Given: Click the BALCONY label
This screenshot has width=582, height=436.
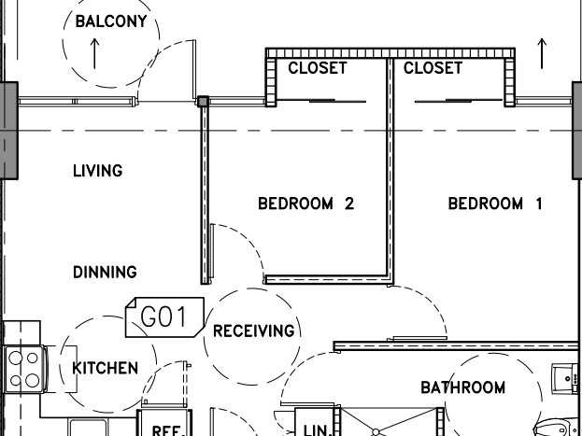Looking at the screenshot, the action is [111, 21].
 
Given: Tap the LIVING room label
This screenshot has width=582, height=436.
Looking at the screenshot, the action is [97, 171].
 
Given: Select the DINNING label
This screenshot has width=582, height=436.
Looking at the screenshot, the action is [105, 272].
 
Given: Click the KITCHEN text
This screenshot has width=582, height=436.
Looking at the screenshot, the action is [105, 368].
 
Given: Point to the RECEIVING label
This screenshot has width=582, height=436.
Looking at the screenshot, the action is [254, 331].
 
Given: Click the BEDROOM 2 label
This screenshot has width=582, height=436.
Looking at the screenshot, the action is [305, 204].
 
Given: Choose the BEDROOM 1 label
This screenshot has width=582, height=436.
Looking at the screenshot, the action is [495, 204].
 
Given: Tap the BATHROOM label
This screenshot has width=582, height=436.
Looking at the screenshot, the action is [462, 387].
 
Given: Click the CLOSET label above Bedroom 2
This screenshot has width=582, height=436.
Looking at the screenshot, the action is [318, 68].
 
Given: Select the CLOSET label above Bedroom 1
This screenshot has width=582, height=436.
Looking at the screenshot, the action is [433, 68].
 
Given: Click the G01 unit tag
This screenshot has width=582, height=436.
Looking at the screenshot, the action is [164, 317].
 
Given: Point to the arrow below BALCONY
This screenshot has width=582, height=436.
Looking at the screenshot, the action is [94, 53].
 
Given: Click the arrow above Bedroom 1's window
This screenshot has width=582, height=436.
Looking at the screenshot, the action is [542, 53].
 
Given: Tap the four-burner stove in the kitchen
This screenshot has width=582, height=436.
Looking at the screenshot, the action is [25, 369].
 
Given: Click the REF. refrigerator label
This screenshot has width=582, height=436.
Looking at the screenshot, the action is [168, 430].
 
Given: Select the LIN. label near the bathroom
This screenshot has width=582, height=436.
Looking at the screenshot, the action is [318, 430].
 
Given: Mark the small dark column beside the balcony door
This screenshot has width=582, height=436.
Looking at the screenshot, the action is [203, 102].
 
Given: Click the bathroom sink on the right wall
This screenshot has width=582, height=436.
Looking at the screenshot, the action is [566, 378].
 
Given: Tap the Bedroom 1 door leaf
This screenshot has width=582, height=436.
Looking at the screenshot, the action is [418, 338].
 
